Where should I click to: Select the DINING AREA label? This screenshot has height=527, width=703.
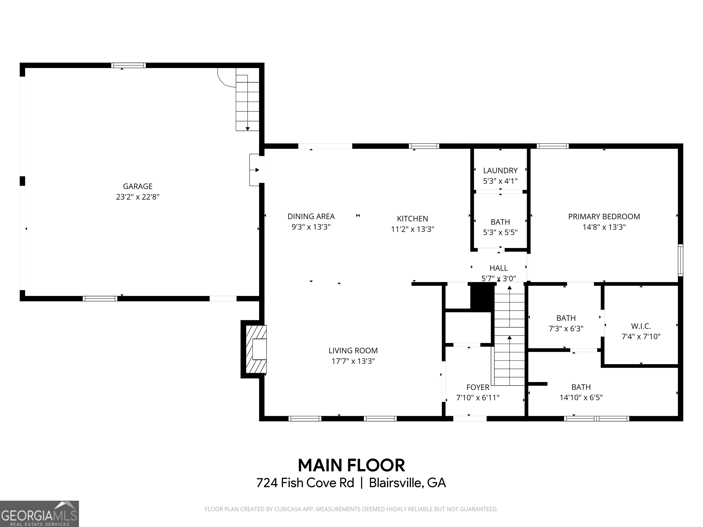click(311, 216)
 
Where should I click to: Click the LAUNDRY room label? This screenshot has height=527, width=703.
click(500, 171)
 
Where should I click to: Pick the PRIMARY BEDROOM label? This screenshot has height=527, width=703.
click(604, 217)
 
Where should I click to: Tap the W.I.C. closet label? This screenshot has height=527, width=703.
click(641, 326)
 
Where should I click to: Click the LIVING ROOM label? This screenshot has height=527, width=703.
click(353, 350)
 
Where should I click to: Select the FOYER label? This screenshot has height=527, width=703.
click(478, 387)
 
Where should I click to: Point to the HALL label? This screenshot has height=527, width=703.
click(499, 268)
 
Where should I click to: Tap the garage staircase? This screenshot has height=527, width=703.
click(247, 103)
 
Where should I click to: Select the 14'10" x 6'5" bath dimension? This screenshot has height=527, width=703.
click(581, 397)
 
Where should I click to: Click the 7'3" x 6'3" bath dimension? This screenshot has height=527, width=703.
click(566, 328)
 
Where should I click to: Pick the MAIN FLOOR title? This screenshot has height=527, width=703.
click(351, 465)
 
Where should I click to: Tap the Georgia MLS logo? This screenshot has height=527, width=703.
click(39, 514)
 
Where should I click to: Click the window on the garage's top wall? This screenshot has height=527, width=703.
click(128, 65)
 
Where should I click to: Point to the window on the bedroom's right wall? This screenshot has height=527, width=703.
click(680, 260)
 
